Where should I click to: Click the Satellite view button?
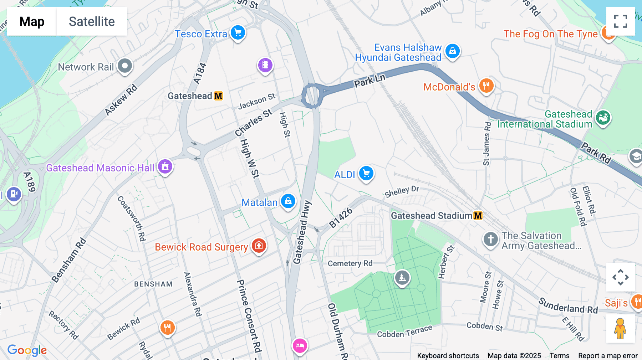(x=92, y=21)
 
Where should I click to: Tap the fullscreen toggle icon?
(x=620, y=21)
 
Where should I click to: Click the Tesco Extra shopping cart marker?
(x=238, y=33)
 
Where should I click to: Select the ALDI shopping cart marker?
(x=366, y=174)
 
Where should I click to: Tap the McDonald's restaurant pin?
(x=486, y=86)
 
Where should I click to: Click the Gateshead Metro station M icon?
(x=218, y=96)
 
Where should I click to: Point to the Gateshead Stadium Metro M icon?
(x=478, y=216)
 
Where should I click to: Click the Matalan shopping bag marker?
(x=288, y=201)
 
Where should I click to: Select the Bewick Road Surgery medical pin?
(x=259, y=246)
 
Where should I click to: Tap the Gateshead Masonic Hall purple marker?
(x=165, y=166)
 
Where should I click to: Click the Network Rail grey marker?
(x=125, y=66)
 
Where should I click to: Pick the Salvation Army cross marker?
(x=490, y=239)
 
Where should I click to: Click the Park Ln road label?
(x=370, y=81)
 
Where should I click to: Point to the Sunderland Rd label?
(x=568, y=306)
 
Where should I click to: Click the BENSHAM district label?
(x=153, y=284)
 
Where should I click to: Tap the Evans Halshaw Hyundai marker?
(x=453, y=51)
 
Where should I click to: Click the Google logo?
(x=27, y=350)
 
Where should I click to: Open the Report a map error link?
(x=608, y=356)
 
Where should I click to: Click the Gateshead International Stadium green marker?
(x=603, y=117)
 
